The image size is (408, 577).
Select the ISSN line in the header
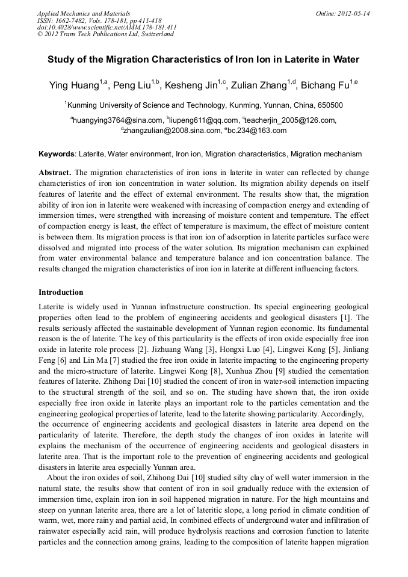pos(99,20)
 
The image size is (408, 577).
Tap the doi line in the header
pos(107,27)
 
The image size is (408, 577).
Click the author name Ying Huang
pos(74,85)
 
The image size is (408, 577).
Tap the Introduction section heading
pos(61,292)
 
